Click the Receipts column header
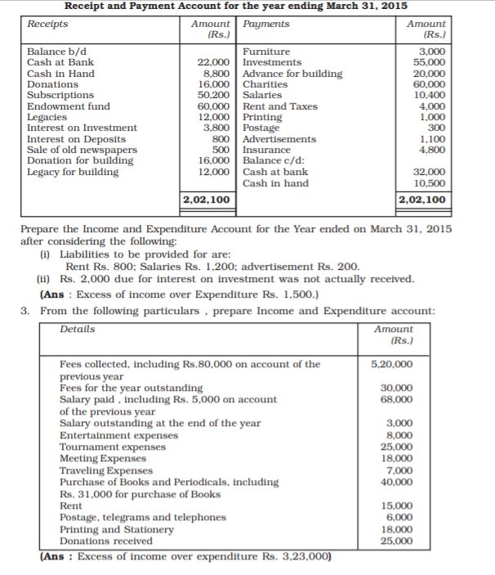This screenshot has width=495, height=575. tap(47, 24)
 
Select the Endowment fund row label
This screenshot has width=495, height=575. tap(69, 106)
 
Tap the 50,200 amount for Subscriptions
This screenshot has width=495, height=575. tap(212, 95)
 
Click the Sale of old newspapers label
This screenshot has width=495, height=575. tap(82, 150)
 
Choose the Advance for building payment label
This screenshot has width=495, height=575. tap(292, 74)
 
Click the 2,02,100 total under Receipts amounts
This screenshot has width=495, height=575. tap(206, 199)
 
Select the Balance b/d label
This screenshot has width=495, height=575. tap(57, 52)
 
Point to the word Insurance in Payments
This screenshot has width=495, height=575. tap(266, 150)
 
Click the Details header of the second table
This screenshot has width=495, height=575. tap(78, 329)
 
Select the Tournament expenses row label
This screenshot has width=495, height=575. tap(113, 447)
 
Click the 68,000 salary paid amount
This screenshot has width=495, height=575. tap(395, 399)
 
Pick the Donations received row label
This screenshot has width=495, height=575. tap(106, 541)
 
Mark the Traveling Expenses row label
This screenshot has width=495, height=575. tap(107, 470)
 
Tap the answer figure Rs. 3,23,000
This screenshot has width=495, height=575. tap(294, 557)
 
